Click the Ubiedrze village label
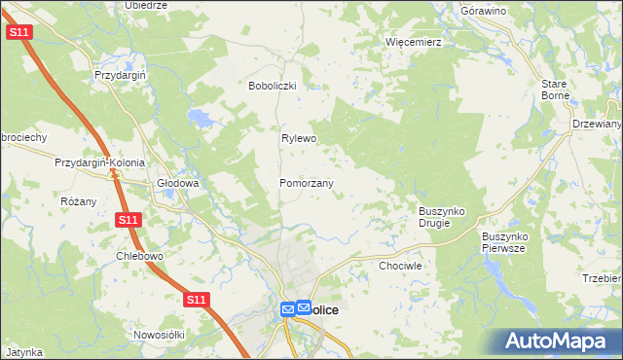(x=146, y=5)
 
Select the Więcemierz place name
(x=414, y=43)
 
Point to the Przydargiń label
(x=119, y=75)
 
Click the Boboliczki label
(x=278, y=86)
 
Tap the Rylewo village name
(x=300, y=138)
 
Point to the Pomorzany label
(x=307, y=183)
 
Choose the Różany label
(x=79, y=201)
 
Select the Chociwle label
(x=399, y=265)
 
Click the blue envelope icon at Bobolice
(x=288, y=309)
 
